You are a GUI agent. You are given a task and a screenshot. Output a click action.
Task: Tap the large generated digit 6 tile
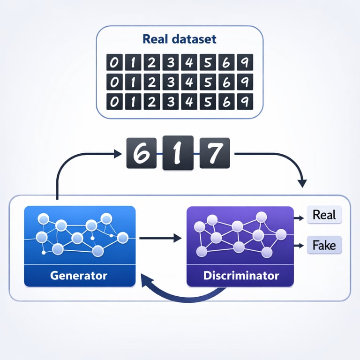(141, 153)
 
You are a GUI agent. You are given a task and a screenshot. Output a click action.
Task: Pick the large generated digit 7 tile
(214, 153)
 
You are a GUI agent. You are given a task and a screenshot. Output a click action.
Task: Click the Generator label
(79, 275)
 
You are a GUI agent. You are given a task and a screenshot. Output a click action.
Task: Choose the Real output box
(324, 215)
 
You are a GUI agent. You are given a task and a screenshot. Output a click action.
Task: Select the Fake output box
(324, 245)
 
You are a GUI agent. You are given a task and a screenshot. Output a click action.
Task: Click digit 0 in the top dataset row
(113, 62)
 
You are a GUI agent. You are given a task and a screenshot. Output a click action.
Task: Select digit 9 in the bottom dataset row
(245, 101)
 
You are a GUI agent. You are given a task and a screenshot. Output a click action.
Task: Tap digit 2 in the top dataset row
(151, 62)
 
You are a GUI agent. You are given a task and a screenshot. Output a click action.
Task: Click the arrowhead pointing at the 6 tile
(118, 153)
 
